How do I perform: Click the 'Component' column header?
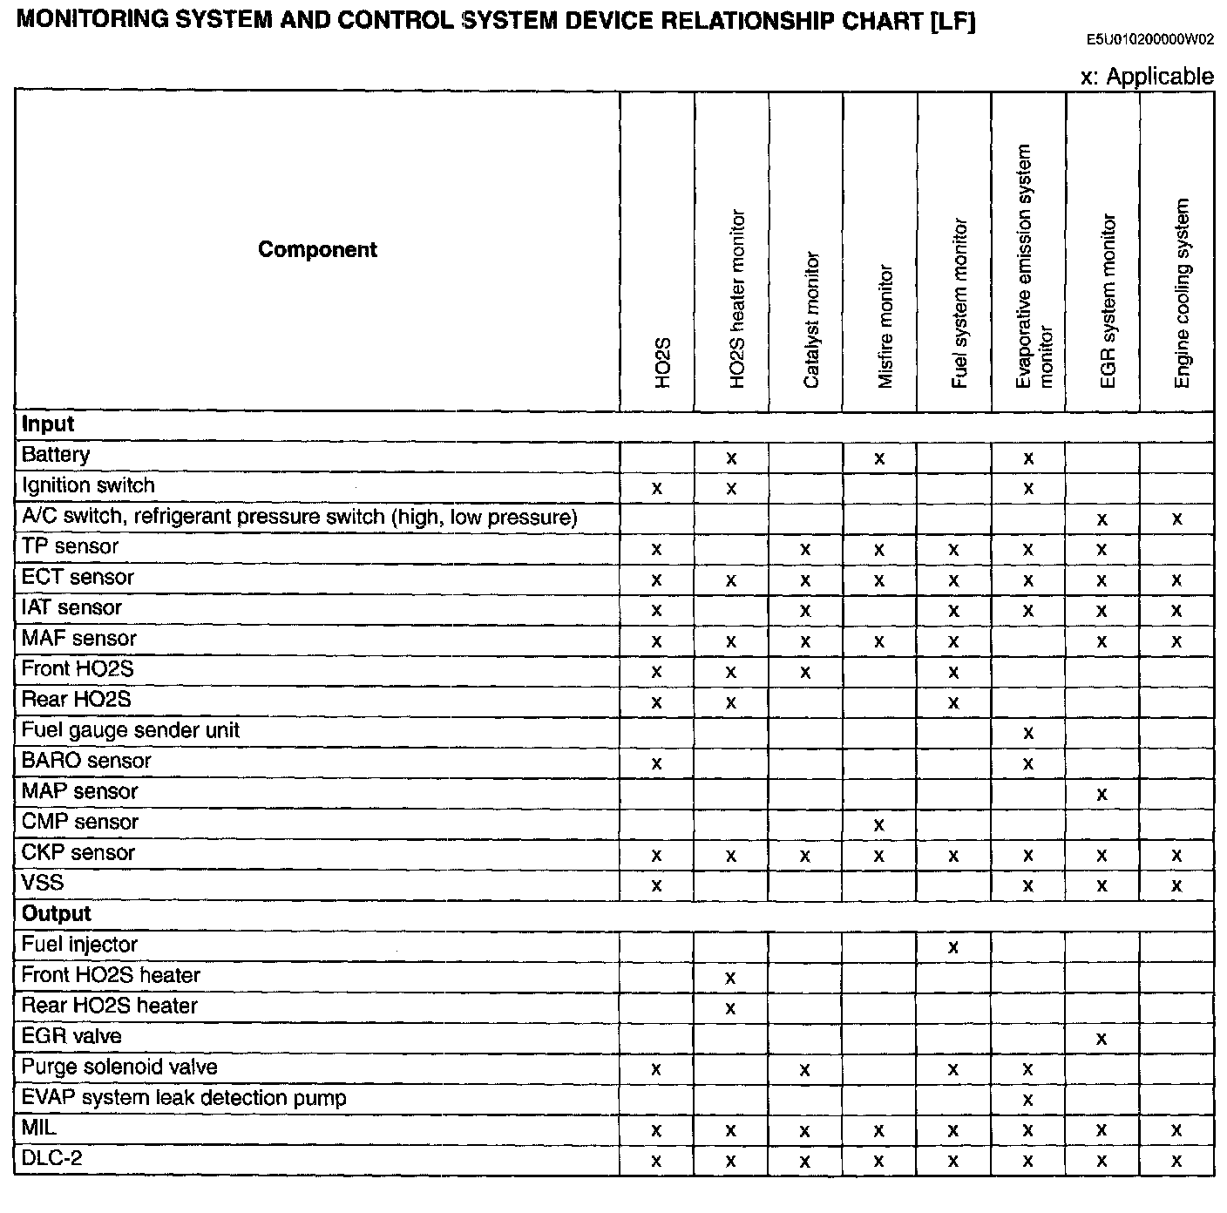click(x=317, y=250)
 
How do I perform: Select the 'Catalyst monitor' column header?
click(x=810, y=321)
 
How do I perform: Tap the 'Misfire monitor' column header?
click(x=885, y=327)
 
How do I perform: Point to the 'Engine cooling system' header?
click(x=1182, y=293)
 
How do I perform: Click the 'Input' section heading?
click(x=48, y=424)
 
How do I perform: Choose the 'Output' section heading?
click(x=56, y=913)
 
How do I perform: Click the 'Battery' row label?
click(x=56, y=455)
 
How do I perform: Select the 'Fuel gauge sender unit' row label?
click(x=130, y=730)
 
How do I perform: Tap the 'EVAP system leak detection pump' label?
click(x=183, y=1097)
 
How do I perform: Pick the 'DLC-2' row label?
click(x=51, y=1158)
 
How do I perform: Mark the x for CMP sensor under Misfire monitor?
click(x=878, y=824)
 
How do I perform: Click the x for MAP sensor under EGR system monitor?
click(x=1102, y=794)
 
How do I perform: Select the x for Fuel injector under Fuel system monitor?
click(x=952, y=947)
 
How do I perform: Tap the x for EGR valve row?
click(x=1102, y=1039)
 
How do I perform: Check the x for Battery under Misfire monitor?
click(x=878, y=458)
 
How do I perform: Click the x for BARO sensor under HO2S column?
click(x=656, y=764)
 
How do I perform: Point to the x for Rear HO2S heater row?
click(x=730, y=1008)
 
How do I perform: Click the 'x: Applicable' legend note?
click(x=1146, y=77)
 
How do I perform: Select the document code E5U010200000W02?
click(x=1149, y=39)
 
